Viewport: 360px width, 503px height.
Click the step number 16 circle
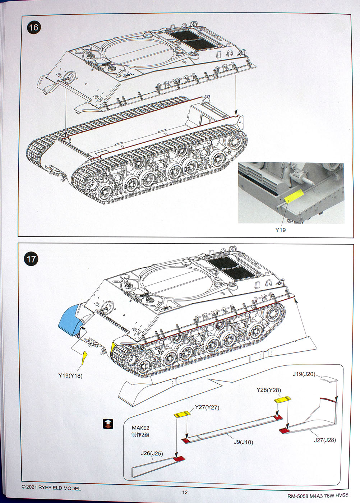click(33, 28)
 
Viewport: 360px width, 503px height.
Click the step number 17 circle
click(32, 259)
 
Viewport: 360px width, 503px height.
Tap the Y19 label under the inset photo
click(280, 230)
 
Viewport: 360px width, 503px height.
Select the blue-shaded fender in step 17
click(69, 319)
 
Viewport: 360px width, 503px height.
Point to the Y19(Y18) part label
click(70, 375)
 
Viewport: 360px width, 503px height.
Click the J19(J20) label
click(304, 374)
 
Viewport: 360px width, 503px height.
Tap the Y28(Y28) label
click(269, 390)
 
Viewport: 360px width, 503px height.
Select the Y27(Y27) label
click(207, 407)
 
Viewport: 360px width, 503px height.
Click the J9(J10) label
click(243, 442)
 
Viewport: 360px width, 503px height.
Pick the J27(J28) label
click(325, 440)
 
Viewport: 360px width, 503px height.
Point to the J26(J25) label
click(152, 453)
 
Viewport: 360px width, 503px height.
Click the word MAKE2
click(140, 428)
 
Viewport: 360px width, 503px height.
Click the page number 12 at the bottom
click(185, 492)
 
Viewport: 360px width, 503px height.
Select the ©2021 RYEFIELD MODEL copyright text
click(51, 488)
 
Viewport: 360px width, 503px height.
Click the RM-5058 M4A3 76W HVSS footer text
click(318, 496)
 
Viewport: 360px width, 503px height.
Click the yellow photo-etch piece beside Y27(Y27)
click(182, 414)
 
